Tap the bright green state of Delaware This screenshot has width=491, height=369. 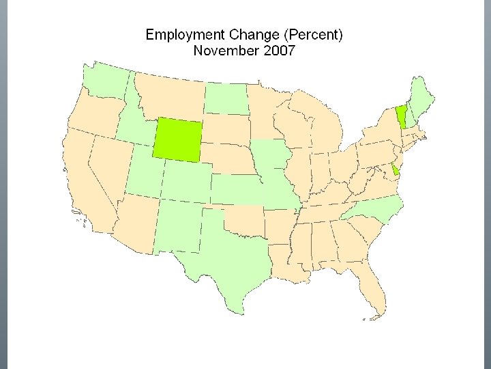click(396, 170)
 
